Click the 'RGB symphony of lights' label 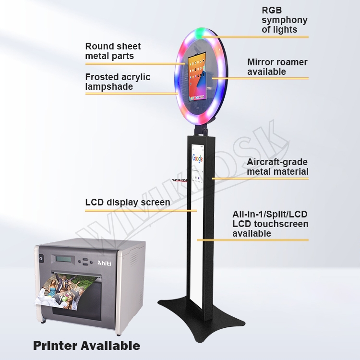285,20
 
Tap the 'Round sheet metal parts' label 113,51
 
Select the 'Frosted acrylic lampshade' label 118,82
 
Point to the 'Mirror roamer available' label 277,67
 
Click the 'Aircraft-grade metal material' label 277,167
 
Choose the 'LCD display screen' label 128,202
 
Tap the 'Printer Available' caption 86,345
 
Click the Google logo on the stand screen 197,158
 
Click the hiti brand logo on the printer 105,263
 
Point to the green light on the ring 199,33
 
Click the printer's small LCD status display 63,259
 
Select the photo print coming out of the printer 62,290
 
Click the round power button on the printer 41,259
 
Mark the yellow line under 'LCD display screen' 141,210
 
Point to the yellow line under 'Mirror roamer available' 260,78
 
